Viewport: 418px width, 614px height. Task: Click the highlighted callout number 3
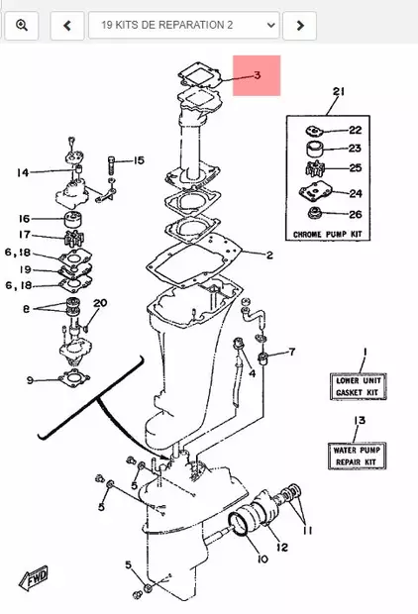(x=257, y=75)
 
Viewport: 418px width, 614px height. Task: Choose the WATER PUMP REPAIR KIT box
(x=359, y=455)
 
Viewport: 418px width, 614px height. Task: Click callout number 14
(x=23, y=172)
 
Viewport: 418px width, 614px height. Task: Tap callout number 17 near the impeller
(x=24, y=235)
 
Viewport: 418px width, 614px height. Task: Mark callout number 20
(x=100, y=303)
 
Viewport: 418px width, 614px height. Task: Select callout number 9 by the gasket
(x=31, y=379)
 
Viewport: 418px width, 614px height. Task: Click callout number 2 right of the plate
(x=268, y=256)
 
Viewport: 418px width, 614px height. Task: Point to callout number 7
(x=292, y=352)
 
